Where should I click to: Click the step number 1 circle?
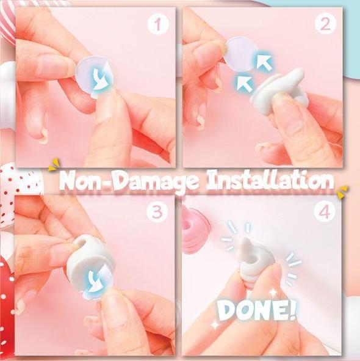coord(157,24)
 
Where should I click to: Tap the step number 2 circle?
coord(325,24)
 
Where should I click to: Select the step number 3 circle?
coord(157,212)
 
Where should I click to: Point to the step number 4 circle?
coord(325,212)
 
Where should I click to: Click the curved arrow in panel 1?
coord(100,79)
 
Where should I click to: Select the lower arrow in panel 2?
coord(245,84)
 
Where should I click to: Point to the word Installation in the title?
coord(270,180)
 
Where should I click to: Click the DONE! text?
coord(256,310)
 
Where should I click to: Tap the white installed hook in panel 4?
coord(254,260)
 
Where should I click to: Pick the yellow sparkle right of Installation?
coord(343,192)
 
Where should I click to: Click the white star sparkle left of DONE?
coord(215,325)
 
